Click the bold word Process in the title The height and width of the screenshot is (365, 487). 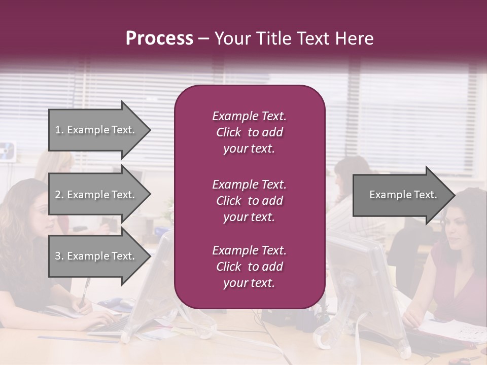(x=159, y=39)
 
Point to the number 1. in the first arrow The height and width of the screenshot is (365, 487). (x=59, y=130)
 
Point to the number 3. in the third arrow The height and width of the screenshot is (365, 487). (x=59, y=256)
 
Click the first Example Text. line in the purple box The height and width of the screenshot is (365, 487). (x=249, y=116)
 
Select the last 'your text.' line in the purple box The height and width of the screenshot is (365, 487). (x=249, y=283)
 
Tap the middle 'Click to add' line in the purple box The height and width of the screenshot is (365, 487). (x=249, y=201)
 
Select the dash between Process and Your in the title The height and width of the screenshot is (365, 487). (x=203, y=39)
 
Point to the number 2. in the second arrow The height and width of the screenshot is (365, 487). (x=59, y=195)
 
